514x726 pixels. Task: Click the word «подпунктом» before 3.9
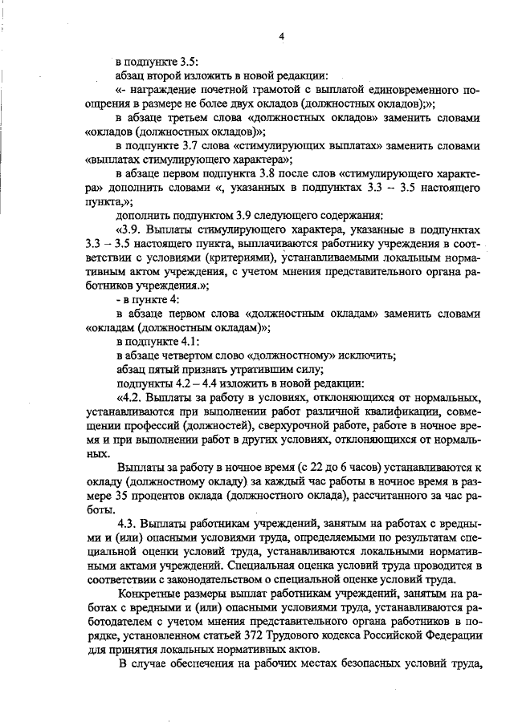193,214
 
